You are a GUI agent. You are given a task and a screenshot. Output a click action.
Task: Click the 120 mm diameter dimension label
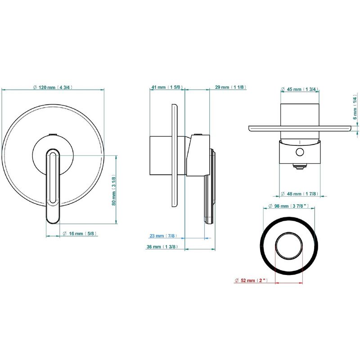click(x=53, y=87)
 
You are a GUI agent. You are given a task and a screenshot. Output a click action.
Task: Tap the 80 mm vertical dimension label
click(x=113, y=190)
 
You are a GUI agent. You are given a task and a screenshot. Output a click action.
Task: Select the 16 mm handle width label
click(x=80, y=234)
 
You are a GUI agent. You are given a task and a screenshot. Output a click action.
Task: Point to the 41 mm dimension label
click(x=167, y=87)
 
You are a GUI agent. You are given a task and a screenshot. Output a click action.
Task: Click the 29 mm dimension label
click(x=230, y=87)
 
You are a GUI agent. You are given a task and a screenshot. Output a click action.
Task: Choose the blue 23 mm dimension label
click(x=163, y=236)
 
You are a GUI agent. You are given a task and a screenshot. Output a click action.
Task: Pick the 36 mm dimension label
click(x=162, y=247)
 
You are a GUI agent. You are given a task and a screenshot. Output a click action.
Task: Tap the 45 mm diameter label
click(x=300, y=89)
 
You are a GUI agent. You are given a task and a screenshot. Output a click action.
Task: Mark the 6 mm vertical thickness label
click(x=355, y=108)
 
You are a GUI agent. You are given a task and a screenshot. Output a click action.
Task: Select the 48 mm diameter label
click(x=300, y=194)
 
